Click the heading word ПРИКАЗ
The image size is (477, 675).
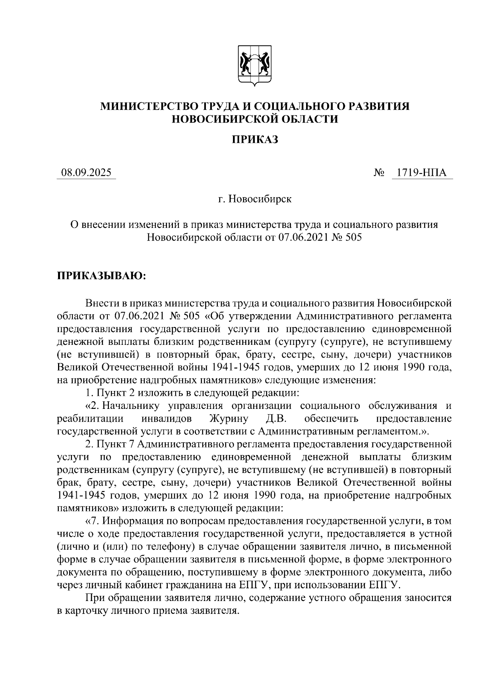(255, 139)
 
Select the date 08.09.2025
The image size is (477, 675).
(86, 173)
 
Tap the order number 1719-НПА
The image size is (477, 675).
(422, 173)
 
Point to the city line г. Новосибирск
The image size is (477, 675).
(255, 199)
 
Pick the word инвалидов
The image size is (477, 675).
(167, 418)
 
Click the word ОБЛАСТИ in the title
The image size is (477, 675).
(306, 119)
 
